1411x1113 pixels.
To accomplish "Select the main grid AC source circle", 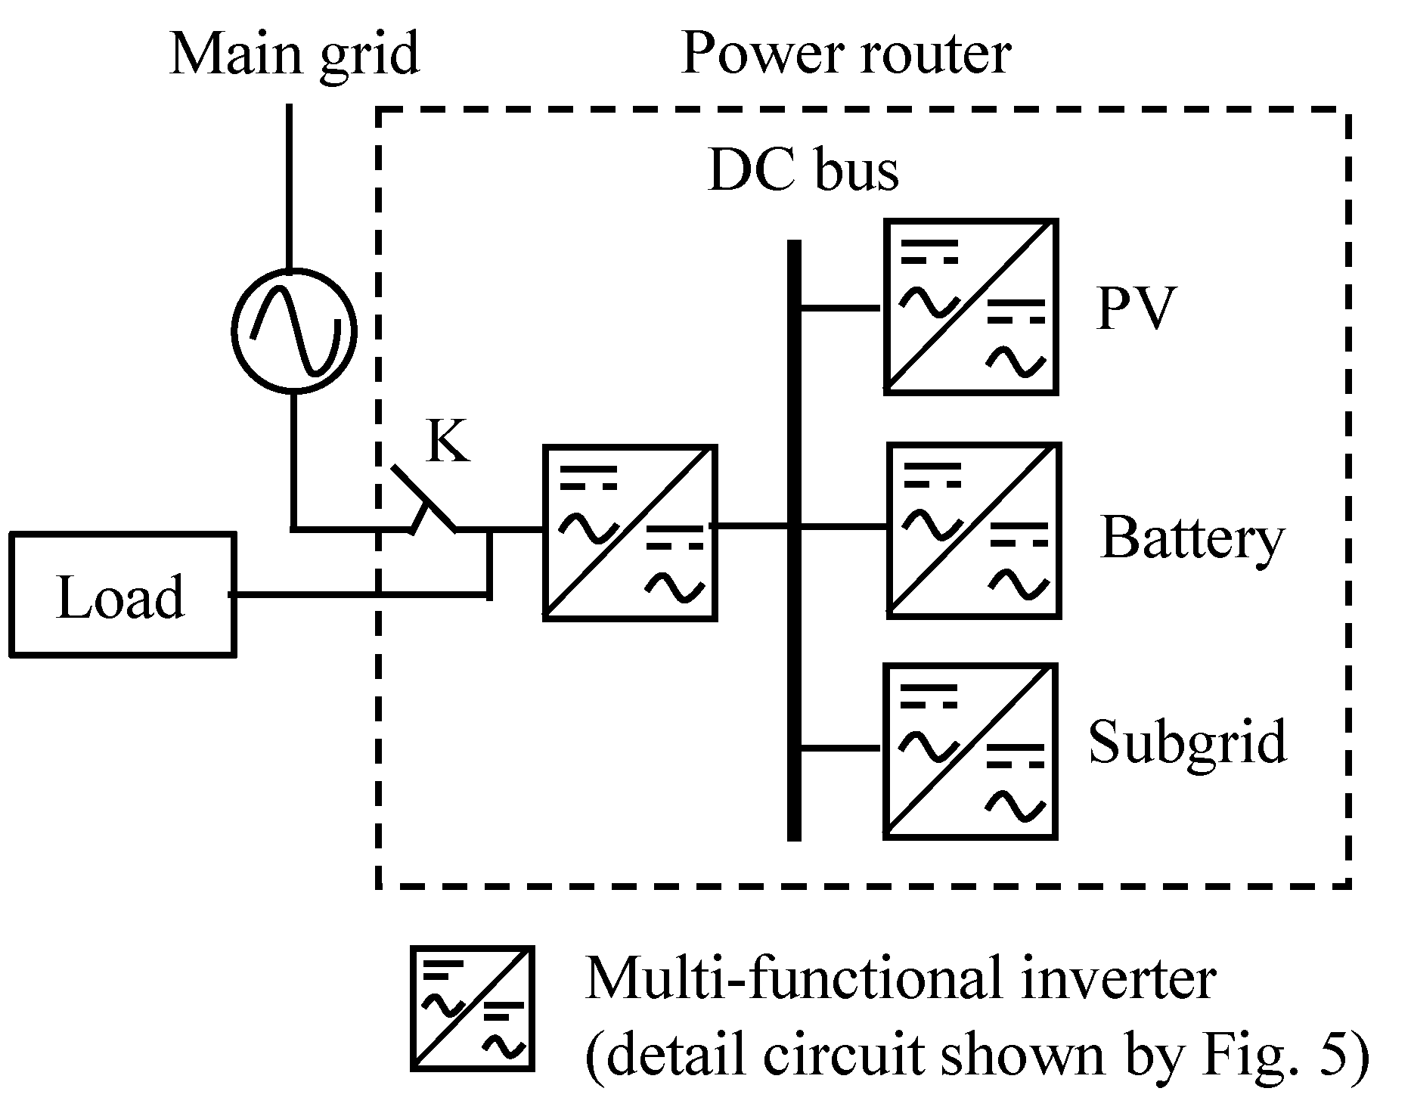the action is [x=293, y=330].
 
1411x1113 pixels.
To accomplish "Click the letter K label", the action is [x=448, y=440].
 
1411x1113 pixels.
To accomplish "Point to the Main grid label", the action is [x=294, y=54].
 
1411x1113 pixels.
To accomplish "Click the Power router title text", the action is [x=846, y=54].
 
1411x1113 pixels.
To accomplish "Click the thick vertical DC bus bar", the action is [x=794, y=540].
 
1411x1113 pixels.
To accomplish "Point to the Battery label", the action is [x=1192, y=539].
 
